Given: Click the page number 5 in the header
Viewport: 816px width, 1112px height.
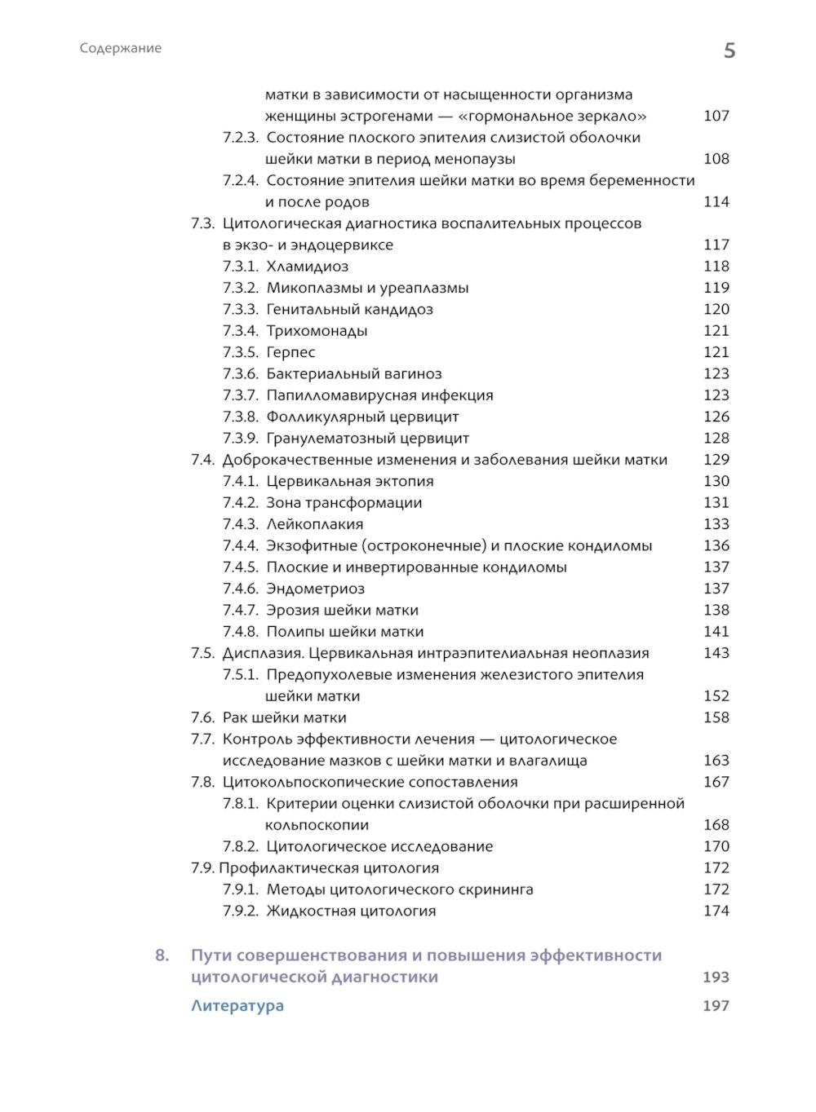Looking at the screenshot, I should pyautogui.click(x=730, y=51).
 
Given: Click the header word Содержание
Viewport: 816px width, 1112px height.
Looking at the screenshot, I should pyautogui.click(x=121, y=48).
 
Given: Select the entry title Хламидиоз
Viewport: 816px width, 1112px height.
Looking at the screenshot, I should pyautogui.click(x=307, y=267).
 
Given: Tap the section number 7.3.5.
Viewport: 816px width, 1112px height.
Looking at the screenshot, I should pyautogui.click(x=241, y=352).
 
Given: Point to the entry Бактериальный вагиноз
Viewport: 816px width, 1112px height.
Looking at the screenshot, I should pyautogui.click(x=353, y=374).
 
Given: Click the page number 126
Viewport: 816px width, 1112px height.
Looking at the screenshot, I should pyautogui.click(x=716, y=417).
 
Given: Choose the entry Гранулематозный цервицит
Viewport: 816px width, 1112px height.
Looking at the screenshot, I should pyautogui.click(x=367, y=439).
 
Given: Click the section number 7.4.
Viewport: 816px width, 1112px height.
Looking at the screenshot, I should pyautogui.click(x=203, y=460).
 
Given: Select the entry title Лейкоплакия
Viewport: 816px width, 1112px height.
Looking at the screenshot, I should pyautogui.click(x=314, y=524).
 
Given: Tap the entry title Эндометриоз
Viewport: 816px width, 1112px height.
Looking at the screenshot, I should pyautogui.click(x=315, y=589).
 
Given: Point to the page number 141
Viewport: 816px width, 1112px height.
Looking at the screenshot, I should pyautogui.click(x=716, y=631).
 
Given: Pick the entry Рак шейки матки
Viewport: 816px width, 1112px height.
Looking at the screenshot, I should pyautogui.click(x=284, y=717).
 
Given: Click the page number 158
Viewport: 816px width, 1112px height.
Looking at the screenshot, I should pyautogui.click(x=716, y=717).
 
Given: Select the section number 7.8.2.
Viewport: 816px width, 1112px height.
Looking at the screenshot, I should pyautogui.click(x=241, y=846).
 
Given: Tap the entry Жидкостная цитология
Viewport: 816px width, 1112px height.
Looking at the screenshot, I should pyautogui.click(x=351, y=911).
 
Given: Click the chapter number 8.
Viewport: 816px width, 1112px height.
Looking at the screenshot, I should pyautogui.click(x=162, y=955).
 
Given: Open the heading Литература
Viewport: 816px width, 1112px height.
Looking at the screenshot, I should pyautogui.click(x=237, y=1005).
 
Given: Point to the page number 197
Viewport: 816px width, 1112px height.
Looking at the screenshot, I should pyautogui.click(x=716, y=1005).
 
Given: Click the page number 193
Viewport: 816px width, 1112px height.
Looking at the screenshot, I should pyautogui.click(x=716, y=977).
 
